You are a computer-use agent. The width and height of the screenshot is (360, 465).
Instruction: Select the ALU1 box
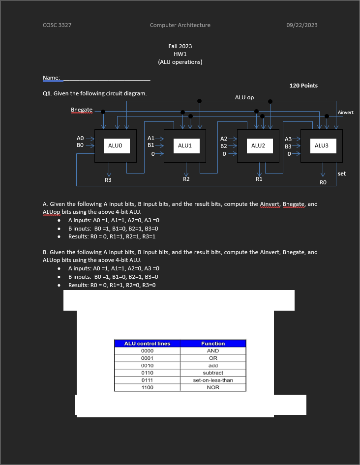coord(184,145)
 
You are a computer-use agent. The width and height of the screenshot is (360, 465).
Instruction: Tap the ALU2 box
coord(258,145)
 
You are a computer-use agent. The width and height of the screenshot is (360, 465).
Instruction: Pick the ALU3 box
coord(321,145)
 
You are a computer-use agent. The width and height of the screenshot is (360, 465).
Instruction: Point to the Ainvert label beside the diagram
coord(345,113)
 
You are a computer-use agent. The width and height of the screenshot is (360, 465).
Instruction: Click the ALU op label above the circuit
coord(244,97)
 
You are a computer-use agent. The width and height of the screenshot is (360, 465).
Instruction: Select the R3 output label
coord(108,180)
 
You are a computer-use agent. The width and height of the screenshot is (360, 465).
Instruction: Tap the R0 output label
coord(323,182)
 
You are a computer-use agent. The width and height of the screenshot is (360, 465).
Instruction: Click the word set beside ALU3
coord(342,174)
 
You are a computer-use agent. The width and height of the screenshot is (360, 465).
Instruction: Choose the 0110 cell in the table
coord(147,373)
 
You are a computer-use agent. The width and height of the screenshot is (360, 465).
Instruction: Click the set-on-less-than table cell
coord(213,380)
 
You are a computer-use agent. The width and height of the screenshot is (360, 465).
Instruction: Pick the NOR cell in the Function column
coord(213,387)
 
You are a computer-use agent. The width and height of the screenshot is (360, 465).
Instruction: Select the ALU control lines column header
coord(147,344)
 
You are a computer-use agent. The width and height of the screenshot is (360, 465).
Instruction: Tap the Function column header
coord(213,344)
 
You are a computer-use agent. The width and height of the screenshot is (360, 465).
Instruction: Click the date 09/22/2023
coord(301,25)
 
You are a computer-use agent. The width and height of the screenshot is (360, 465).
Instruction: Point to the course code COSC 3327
coord(57,25)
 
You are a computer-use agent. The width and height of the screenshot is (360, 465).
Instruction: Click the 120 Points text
coord(303,86)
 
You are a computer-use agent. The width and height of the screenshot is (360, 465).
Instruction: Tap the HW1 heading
coord(180,54)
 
